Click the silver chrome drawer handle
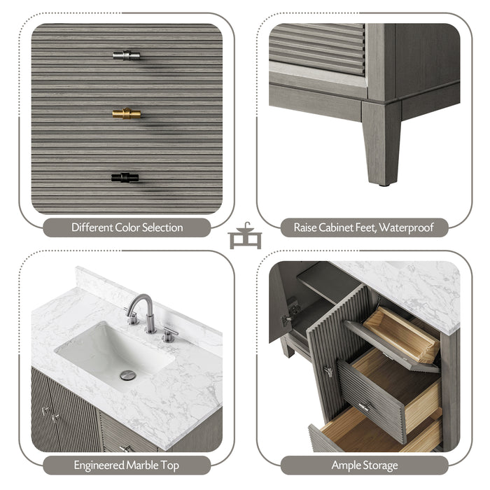click(126, 55)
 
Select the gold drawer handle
click(126, 113)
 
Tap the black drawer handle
click(125, 178)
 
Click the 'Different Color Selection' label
click(127, 227)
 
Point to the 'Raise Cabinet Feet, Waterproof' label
click(363, 227)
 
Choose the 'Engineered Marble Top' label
click(127, 465)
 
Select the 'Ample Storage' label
click(364, 465)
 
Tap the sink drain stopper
click(127, 376)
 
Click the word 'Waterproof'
click(409, 227)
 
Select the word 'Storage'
click(380, 465)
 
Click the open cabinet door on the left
click(280, 308)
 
